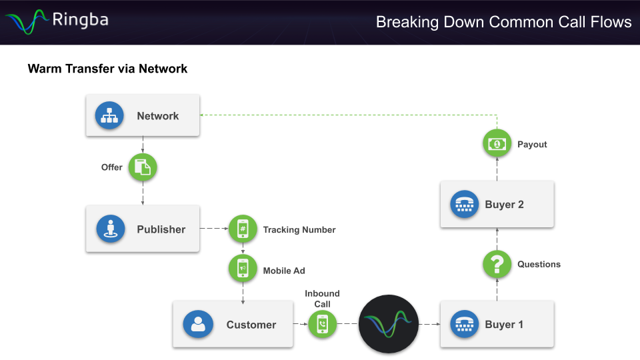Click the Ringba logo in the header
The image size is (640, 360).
57,21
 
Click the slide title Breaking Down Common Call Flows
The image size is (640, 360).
503,22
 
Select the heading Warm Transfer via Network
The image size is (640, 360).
107,69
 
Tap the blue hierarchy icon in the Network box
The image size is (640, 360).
109,115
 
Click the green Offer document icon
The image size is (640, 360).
143,168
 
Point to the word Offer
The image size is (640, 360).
111,167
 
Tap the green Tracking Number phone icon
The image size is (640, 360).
243,229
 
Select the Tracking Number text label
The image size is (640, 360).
299,230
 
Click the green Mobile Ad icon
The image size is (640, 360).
243,268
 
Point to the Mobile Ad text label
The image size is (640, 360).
284,271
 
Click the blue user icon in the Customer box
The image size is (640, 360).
198,325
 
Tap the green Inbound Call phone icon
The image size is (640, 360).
323,325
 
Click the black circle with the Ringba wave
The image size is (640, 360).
389,324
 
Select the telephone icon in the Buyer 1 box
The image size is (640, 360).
463,325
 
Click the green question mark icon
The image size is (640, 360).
497,265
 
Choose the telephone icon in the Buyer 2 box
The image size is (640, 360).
463,205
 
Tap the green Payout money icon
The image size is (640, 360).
497,144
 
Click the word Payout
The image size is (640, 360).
532,145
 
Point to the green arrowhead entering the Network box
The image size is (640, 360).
203,115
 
